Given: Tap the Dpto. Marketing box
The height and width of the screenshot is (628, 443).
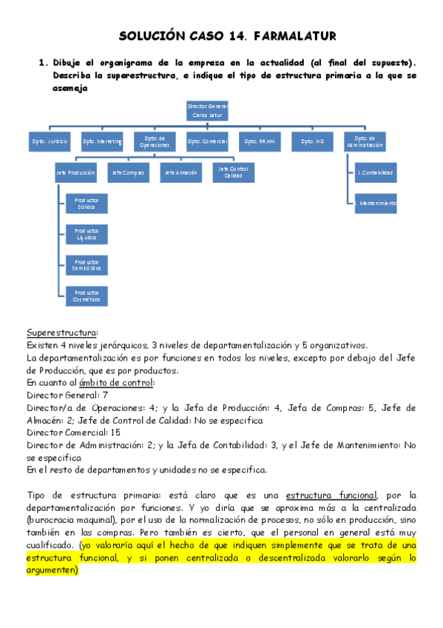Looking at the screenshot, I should click(102, 141).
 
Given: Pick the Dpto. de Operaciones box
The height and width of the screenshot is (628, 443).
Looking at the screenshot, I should click(155, 141).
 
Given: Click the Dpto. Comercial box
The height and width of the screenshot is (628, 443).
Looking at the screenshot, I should click(206, 141).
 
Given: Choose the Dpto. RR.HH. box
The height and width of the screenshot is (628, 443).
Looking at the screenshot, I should click(259, 141).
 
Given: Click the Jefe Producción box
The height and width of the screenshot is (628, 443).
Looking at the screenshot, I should click(75, 173).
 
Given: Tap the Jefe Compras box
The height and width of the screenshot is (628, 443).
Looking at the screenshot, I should click(127, 173).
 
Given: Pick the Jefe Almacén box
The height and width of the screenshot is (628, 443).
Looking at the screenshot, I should click(180, 173).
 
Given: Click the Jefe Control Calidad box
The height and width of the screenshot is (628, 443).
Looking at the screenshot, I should click(233, 173).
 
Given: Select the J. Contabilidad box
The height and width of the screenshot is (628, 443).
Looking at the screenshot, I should click(375, 173).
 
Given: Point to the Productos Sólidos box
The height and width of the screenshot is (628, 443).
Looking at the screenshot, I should click(87, 203).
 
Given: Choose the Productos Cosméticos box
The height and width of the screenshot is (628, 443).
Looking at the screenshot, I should click(87, 295).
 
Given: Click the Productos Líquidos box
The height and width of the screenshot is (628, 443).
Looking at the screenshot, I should click(87, 234).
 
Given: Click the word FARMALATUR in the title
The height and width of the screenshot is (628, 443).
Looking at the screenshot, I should click(294, 36).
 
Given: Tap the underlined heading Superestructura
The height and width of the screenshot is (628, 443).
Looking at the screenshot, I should click(62, 332).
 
